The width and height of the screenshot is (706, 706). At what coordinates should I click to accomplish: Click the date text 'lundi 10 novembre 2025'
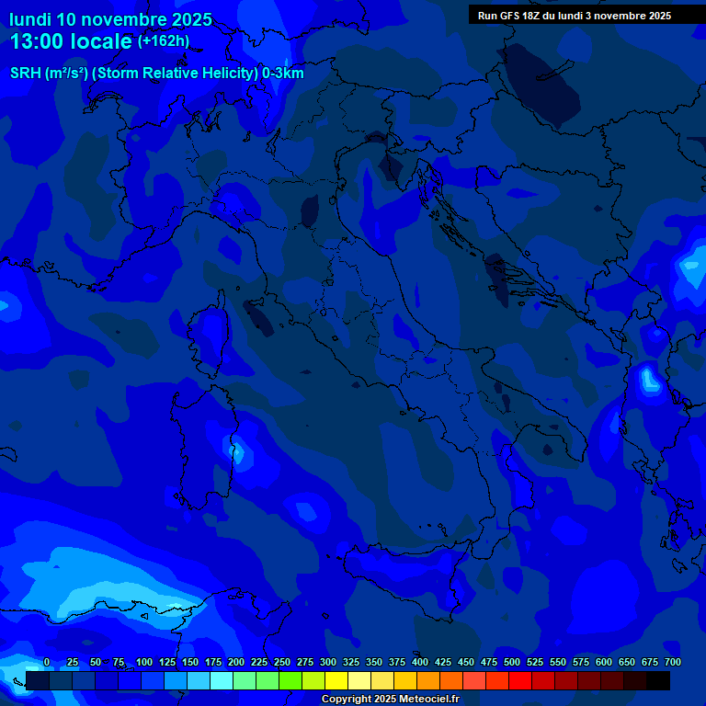[x=110, y=19]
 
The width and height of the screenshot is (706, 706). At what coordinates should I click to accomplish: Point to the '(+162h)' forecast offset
[x=164, y=41]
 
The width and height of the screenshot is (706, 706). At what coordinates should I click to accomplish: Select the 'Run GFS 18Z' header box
[x=575, y=16]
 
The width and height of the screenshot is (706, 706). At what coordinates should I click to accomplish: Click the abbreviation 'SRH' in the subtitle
[x=26, y=74]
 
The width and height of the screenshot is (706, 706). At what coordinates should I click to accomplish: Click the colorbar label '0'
[x=47, y=662]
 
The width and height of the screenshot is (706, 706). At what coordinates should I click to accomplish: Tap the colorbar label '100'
[x=144, y=662]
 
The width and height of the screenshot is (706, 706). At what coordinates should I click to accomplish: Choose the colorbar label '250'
[x=282, y=662]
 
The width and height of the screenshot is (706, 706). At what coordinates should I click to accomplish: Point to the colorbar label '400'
[x=420, y=662]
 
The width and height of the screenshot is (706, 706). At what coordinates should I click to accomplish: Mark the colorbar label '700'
[x=673, y=662]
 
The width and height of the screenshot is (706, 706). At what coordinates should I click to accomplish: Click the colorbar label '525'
[x=535, y=662]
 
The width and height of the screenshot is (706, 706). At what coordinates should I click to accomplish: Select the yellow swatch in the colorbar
[x=336, y=680]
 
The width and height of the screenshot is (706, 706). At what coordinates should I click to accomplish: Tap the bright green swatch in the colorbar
[x=290, y=680]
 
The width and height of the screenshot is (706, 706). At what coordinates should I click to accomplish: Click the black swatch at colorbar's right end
[x=658, y=680]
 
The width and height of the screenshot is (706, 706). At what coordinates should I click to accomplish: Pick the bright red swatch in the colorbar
[x=520, y=680]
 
